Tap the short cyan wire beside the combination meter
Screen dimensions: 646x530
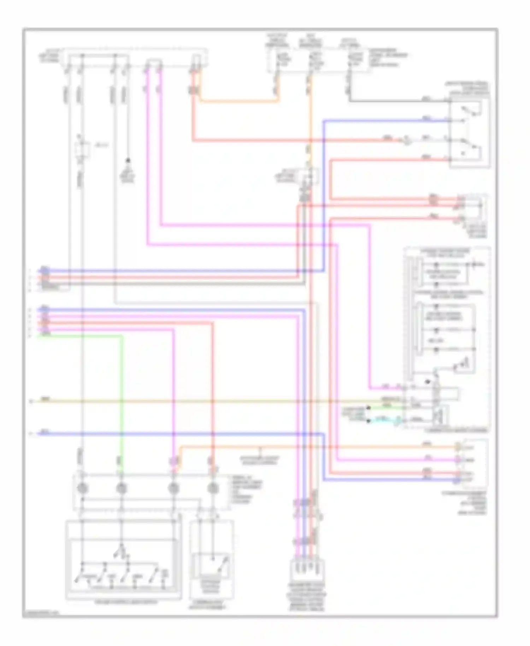385,421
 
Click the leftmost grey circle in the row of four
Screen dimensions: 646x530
82,488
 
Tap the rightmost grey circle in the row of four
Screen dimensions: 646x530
212,488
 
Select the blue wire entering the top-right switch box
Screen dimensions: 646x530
389,121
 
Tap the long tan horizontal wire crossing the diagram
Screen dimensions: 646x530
212,401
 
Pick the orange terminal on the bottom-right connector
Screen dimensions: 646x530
458,447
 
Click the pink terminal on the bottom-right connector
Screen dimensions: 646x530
458,460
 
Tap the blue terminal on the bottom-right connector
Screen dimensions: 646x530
458,480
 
